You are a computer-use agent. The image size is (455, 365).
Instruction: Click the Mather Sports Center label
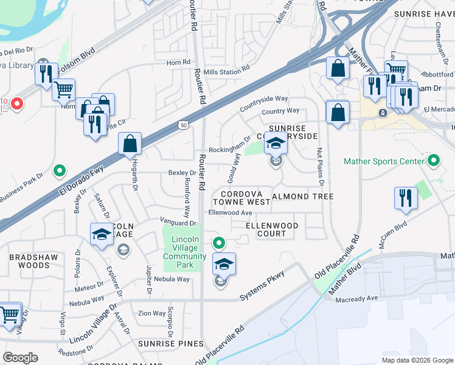(383, 162)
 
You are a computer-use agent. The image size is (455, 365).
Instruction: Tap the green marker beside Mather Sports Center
(433, 161)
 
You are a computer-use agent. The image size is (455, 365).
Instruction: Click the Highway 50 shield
(184, 125)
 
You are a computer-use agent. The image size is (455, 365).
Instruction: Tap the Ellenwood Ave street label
(230, 213)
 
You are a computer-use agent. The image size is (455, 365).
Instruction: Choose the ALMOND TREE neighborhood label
(303, 196)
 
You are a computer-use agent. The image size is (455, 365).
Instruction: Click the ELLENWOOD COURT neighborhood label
(272, 229)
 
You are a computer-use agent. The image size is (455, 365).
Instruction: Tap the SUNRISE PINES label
(172, 344)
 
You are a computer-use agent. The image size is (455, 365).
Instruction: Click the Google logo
(21, 357)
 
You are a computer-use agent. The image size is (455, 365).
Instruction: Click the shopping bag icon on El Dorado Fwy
(131, 145)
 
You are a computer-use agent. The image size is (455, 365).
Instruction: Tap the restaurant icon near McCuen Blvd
(405, 198)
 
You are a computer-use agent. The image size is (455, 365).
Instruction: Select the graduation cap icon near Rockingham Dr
(276, 144)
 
